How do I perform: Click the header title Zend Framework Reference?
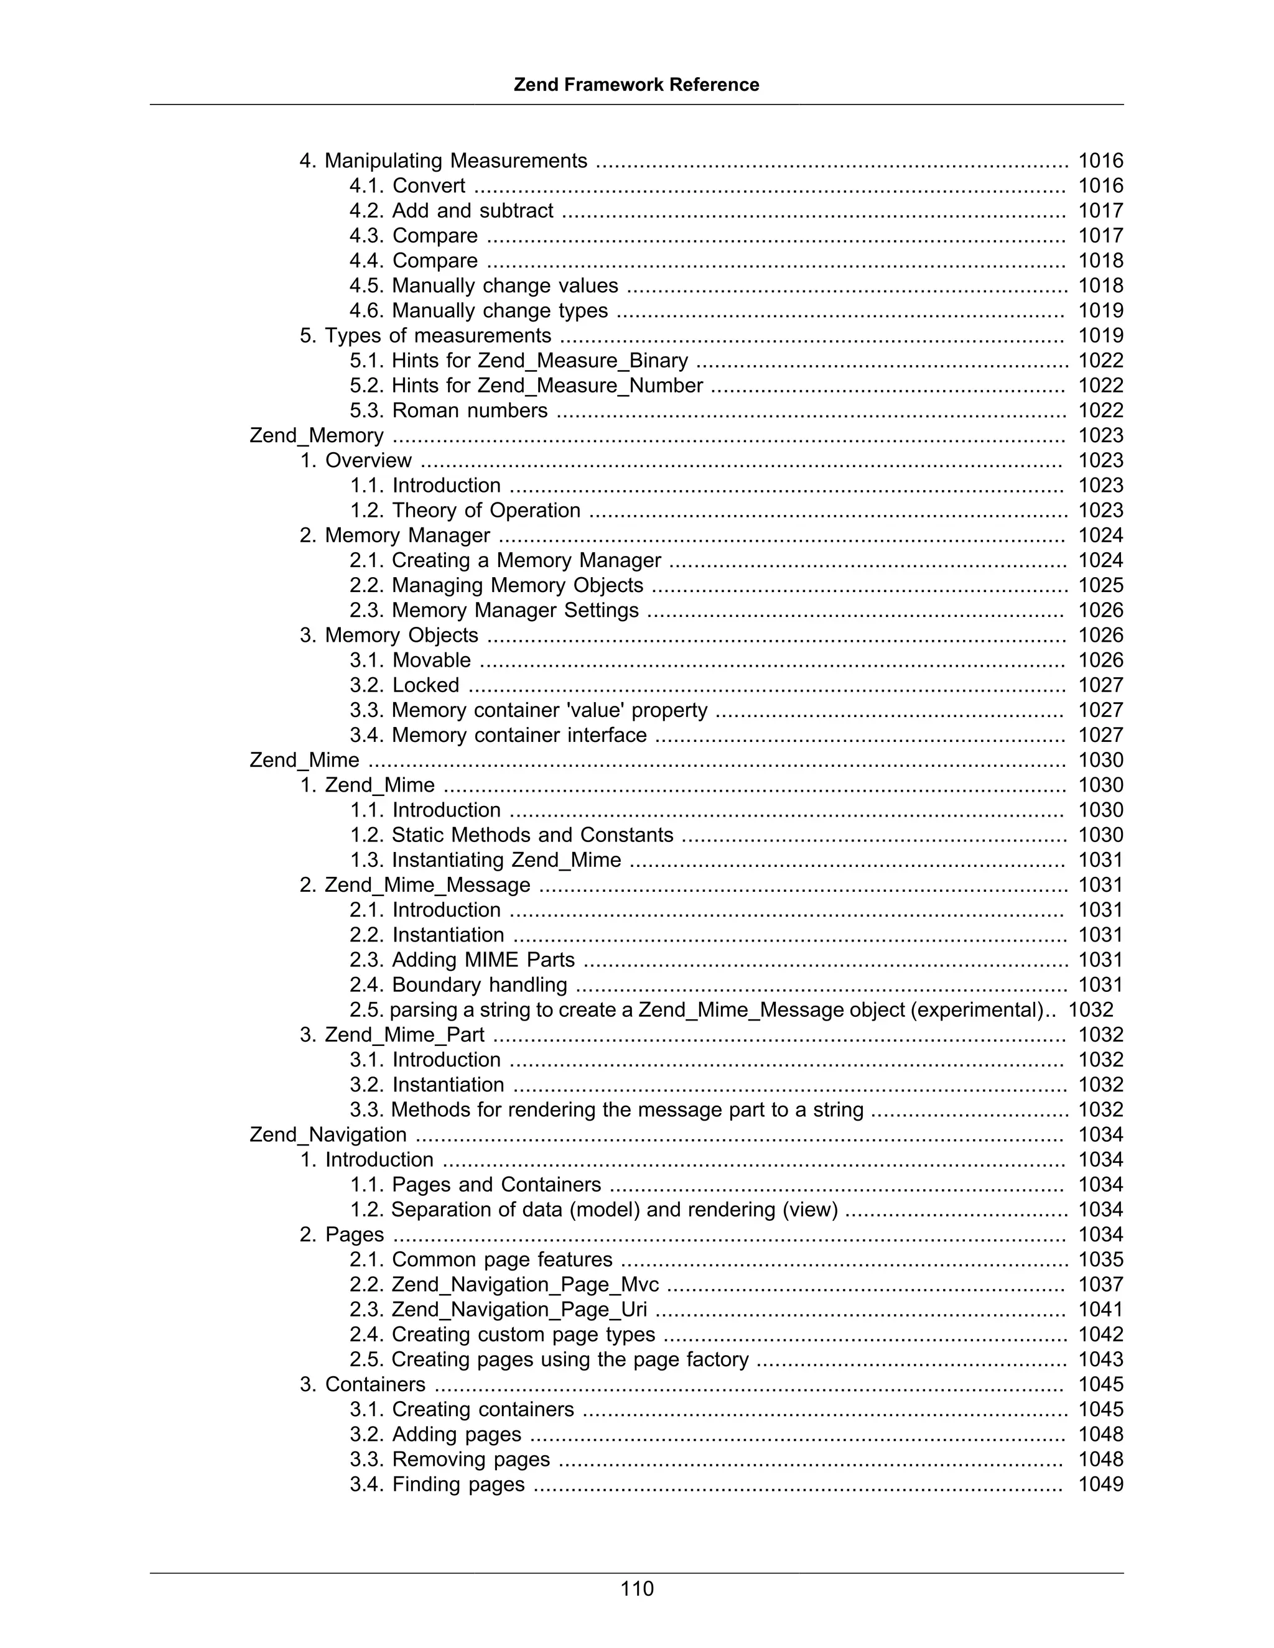coord(636,85)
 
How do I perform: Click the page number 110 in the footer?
coord(636,1588)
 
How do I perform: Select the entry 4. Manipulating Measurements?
coord(443,160)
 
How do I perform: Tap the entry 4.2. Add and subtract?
coord(452,211)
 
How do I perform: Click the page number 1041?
coord(1100,1309)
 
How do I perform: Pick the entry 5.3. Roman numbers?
coord(449,410)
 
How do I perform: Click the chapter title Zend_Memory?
coord(316,435)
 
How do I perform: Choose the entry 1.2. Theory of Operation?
coord(465,510)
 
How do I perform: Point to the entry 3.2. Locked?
coord(404,685)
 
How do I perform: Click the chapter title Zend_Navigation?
coord(328,1134)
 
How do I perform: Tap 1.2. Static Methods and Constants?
coord(511,835)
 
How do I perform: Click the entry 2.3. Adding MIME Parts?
coord(462,960)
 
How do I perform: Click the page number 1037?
coord(1100,1284)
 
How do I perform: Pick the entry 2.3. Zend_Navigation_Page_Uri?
coord(498,1309)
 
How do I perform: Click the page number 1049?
coord(1100,1484)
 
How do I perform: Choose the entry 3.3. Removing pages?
coord(449,1460)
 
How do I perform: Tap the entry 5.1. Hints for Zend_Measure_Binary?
coord(519,361)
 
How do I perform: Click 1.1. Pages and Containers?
coord(475,1185)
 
